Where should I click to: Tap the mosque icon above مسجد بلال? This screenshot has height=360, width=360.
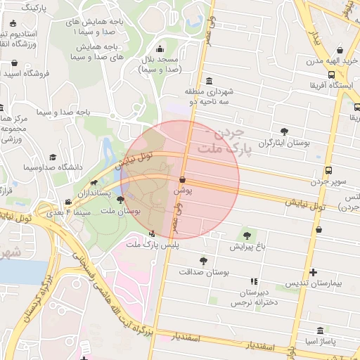tap(160, 49)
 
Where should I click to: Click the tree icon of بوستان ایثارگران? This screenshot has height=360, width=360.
tap(284, 131)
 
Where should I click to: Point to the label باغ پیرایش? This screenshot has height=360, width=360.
tap(247, 247)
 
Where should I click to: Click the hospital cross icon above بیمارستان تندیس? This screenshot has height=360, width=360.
tap(313, 272)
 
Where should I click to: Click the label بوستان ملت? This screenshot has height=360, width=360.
tap(121, 210)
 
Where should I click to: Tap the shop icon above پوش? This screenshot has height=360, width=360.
tap(182, 180)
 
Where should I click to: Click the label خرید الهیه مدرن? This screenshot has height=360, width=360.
tap(323, 62)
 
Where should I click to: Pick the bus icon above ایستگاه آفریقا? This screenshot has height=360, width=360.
tap(331, 75)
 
